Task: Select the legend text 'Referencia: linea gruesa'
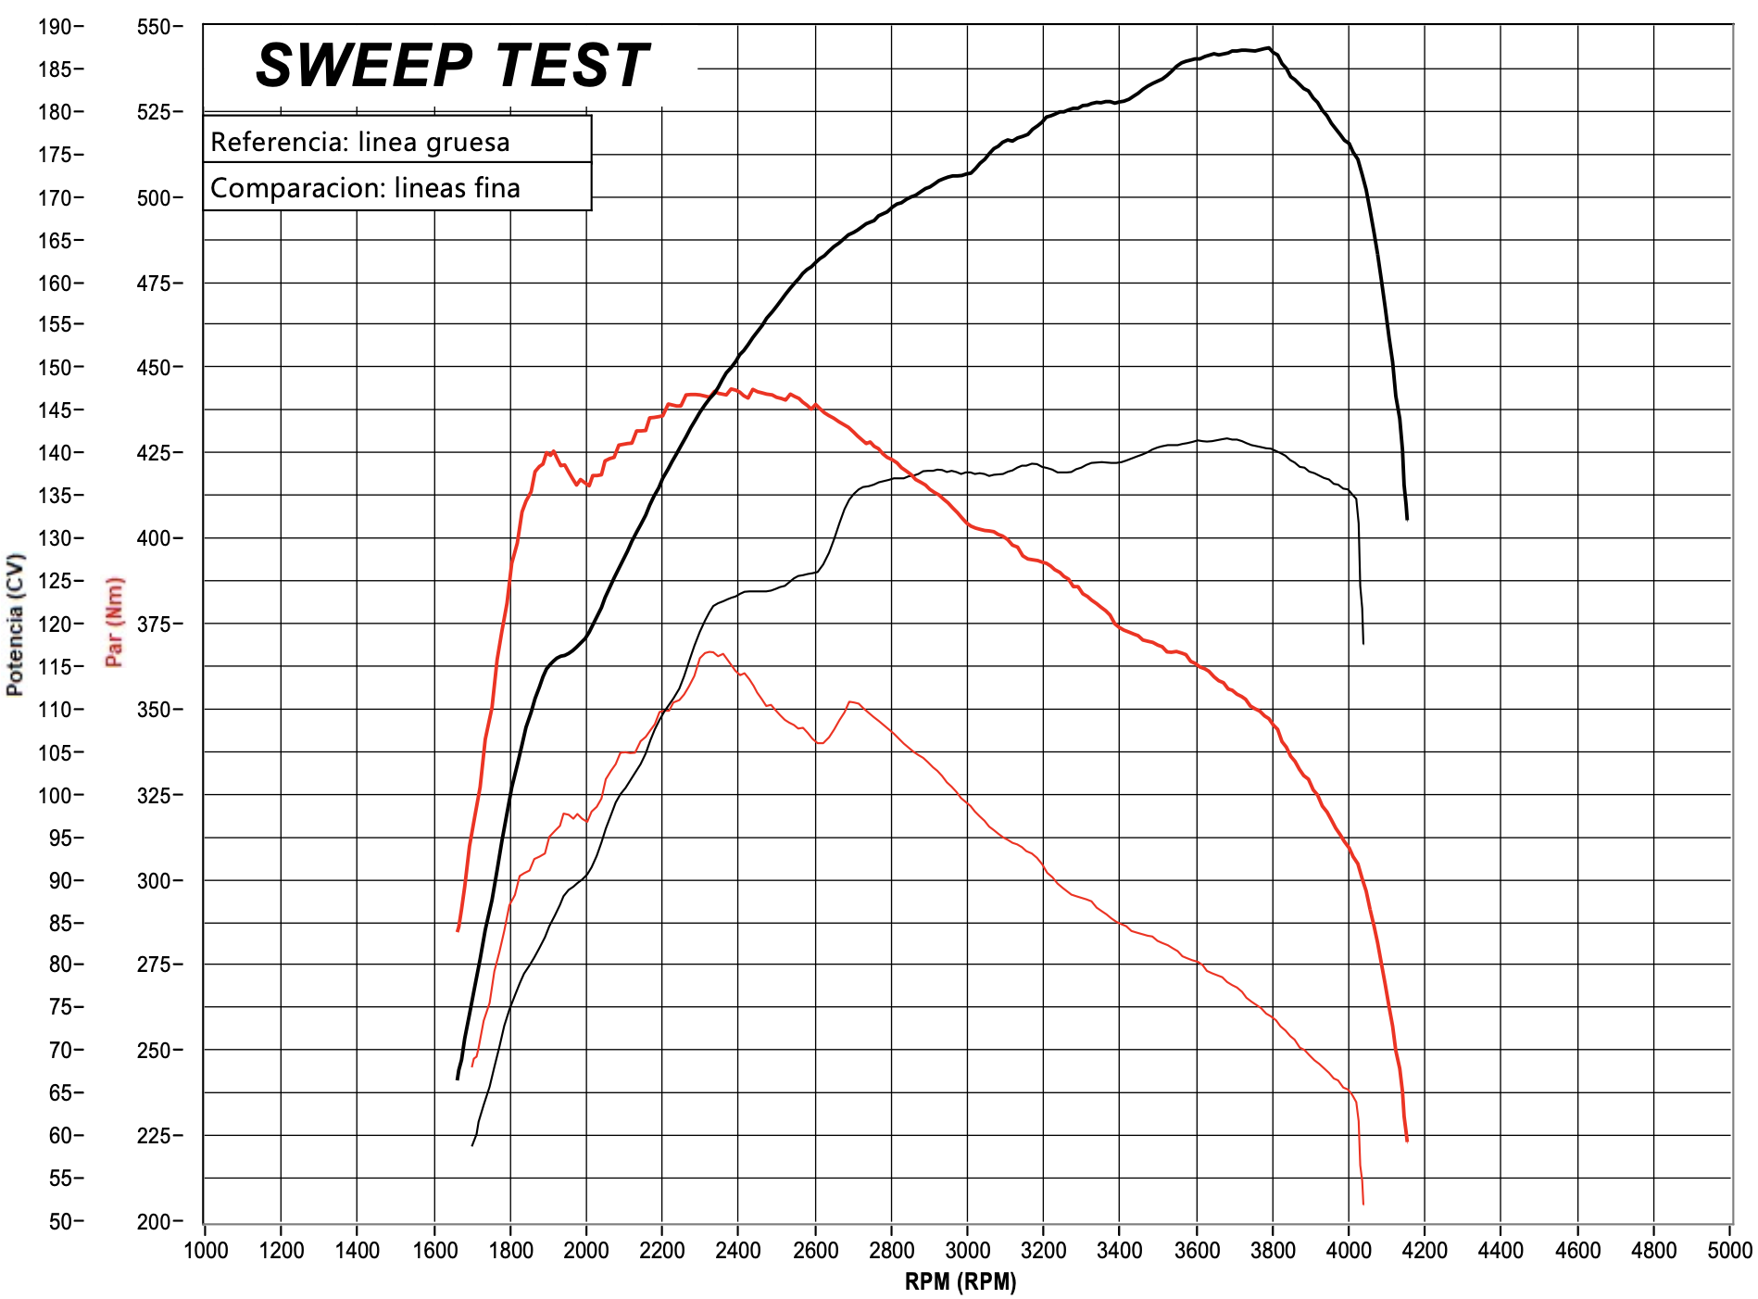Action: pyautogui.click(x=359, y=142)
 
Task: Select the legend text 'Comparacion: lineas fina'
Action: pyautogui.click(x=365, y=188)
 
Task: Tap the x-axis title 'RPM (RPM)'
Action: pyautogui.click(x=960, y=1281)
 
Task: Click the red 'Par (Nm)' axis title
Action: pyautogui.click(x=115, y=622)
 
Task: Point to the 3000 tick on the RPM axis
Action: pyautogui.click(x=967, y=1250)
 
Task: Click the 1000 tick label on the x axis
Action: pyautogui.click(x=206, y=1250)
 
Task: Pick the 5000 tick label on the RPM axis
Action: pyautogui.click(x=1729, y=1250)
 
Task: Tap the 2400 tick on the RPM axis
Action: pyautogui.click(x=738, y=1250)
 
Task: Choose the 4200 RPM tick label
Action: pyautogui.click(x=1425, y=1250)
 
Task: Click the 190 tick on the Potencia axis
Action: pyautogui.click(x=55, y=26)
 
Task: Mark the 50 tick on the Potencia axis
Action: pyautogui.click(x=60, y=1221)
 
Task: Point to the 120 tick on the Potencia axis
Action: pyautogui.click(x=55, y=624)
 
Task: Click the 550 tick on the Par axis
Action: pyautogui.click(x=154, y=26)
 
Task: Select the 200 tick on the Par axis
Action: pyautogui.click(x=154, y=1221)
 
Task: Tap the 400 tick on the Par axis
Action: pyautogui.click(x=154, y=537)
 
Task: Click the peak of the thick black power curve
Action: pyautogui.click(x=1267, y=48)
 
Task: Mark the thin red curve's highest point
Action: pyautogui.click(x=709, y=652)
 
